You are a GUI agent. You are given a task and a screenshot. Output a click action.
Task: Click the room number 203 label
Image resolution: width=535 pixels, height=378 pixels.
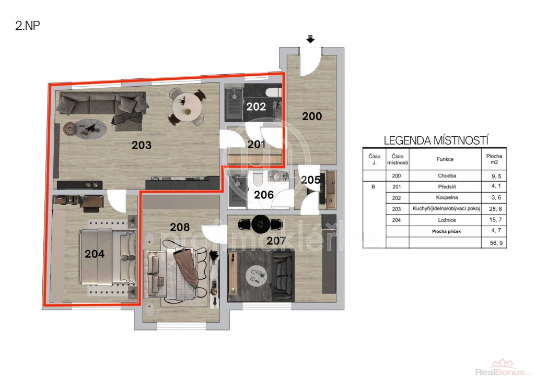point(142,145)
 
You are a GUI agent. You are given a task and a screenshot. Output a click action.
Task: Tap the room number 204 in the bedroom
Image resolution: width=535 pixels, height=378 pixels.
point(95,254)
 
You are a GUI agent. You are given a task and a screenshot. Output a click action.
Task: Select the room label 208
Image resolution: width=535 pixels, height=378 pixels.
point(180,227)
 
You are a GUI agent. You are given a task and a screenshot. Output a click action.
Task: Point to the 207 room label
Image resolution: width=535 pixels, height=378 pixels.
point(276,241)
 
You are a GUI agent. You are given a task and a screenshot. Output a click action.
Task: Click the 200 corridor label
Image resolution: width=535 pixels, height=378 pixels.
point(312,116)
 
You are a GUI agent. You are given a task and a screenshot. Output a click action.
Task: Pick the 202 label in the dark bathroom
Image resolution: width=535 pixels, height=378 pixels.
point(256,107)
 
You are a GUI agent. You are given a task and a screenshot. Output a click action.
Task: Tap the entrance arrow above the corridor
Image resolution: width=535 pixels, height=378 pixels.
point(310,39)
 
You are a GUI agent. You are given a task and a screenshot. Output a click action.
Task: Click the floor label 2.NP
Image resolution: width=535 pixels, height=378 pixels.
point(28,26)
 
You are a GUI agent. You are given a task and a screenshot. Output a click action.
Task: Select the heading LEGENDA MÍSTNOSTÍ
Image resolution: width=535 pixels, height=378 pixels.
point(436,140)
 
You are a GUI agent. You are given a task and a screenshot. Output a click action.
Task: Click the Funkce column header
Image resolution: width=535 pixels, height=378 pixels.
point(445,159)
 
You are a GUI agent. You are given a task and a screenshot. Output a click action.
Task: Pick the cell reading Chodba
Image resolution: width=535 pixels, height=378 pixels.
point(447,176)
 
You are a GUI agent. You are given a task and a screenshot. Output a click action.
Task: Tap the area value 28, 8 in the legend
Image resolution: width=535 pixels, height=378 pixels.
point(495,209)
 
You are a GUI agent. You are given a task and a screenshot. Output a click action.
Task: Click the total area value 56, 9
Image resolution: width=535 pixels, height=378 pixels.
point(496,243)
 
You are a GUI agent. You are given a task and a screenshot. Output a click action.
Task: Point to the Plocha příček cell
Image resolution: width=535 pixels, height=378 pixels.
point(446,231)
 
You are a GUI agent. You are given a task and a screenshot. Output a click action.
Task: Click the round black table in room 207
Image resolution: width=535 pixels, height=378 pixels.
point(261,224)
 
